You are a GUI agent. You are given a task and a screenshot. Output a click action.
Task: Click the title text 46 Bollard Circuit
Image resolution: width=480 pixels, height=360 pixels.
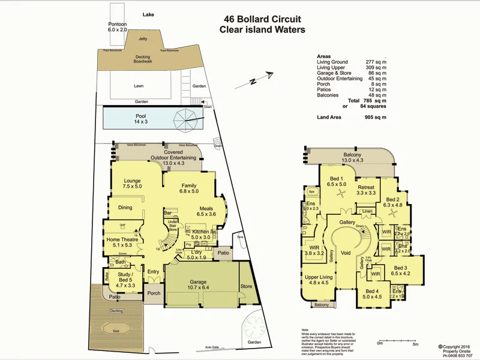262,19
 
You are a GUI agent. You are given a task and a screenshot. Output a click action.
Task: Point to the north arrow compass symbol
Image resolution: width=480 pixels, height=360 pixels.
262,79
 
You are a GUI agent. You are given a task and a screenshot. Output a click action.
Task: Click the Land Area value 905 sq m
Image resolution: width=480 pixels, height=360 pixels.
375,117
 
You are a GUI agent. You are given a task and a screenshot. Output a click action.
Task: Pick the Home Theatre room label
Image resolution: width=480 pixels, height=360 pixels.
122,242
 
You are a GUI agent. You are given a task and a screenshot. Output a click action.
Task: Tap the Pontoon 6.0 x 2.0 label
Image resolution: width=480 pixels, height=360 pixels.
118,26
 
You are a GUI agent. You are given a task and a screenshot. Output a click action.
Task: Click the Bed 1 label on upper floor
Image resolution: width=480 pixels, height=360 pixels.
337,182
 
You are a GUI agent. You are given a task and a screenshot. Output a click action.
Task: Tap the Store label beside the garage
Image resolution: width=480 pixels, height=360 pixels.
246,286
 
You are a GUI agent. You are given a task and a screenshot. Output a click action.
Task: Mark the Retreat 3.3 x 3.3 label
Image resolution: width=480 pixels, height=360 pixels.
366,190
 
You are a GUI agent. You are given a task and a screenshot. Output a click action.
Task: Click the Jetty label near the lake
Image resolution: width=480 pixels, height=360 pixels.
143,38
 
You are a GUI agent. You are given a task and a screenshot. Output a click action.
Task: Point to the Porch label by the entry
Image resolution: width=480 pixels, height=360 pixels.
154,294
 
